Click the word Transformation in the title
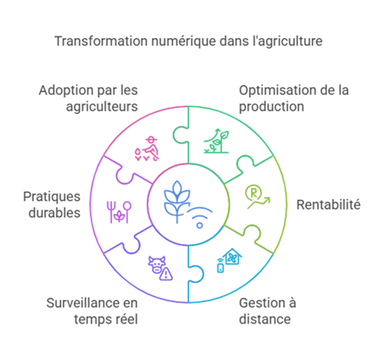tap(101, 41)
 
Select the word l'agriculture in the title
tap(288, 42)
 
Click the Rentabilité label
tap(329, 204)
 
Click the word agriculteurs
tap(102, 107)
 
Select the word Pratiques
tap(51, 197)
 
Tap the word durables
tap(55, 213)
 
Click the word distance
tap(265, 319)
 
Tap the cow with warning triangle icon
tap(161, 268)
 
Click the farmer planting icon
tap(147, 149)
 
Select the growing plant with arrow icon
tap(216, 141)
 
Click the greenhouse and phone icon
tap(229, 260)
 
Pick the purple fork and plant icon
tap(119, 212)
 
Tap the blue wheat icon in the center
tap(176, 202)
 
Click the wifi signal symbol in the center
tap(200, 217)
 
